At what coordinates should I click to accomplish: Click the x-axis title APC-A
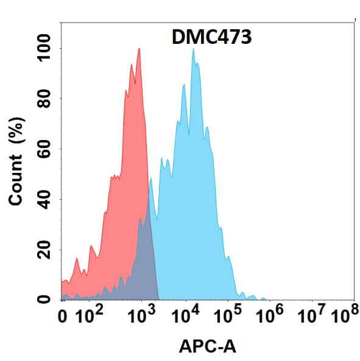click(208, 347)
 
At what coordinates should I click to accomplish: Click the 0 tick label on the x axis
click(63, 317)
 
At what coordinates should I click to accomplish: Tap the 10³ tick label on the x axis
click(141, 316)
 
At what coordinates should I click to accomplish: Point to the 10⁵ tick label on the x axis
click(227, 316)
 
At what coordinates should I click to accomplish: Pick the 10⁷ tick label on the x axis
click(312, 316)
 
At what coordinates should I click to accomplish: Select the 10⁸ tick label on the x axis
click(344, 316)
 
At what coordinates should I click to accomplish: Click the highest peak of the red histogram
click(139, 49)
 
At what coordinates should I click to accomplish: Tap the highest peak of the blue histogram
click(194, 49)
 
